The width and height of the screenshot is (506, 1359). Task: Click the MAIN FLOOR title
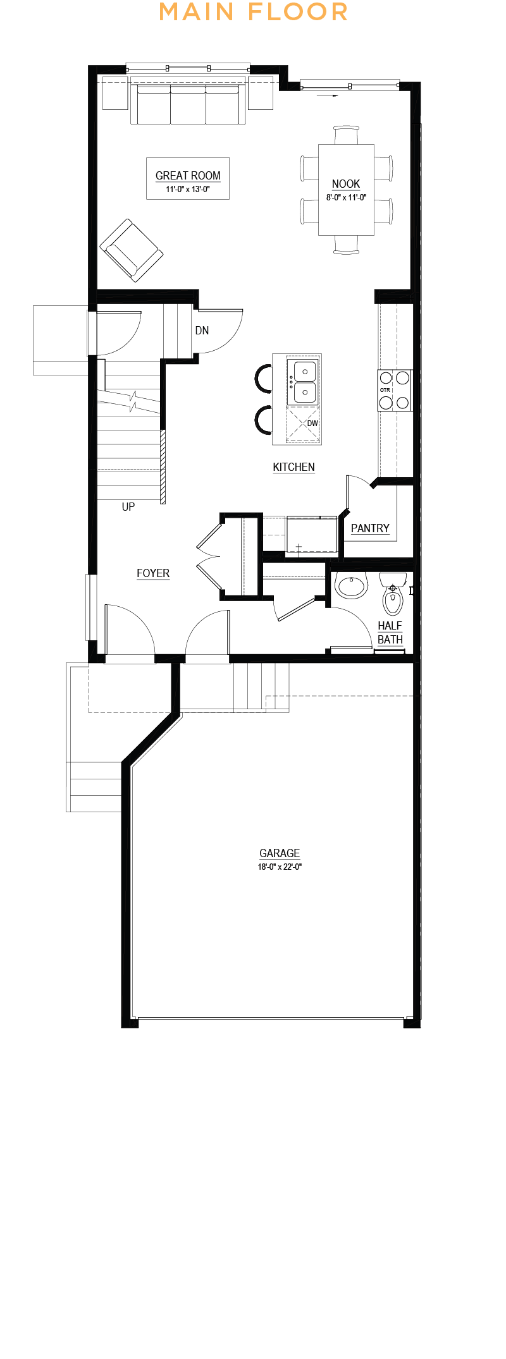[253, 11]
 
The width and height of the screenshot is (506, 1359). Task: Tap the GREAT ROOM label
[188, 176]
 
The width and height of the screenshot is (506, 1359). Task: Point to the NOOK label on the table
[346, 184]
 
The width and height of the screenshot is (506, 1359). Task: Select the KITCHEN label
[293, 467]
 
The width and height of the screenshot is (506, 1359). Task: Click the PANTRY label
[370, 528]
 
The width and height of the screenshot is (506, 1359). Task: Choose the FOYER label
[153, 573]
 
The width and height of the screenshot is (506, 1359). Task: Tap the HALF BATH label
[390, 633]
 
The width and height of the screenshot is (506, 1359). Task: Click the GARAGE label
[280, 853]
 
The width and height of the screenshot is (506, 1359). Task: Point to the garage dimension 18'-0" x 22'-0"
[280, 867]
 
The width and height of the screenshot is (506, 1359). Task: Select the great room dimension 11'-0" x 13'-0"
[188, 190]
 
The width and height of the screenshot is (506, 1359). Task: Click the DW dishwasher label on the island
[312, 424]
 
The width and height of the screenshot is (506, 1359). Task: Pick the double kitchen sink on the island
[304, 382]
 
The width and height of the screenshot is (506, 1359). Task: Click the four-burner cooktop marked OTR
[395, 390]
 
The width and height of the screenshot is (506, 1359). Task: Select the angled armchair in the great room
[132, 250]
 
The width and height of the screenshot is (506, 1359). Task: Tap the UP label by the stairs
[128, 507]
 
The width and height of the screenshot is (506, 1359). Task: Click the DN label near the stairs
[202, 331]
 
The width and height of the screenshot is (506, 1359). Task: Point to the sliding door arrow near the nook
[328, 96]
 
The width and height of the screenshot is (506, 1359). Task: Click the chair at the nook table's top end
[346, 135]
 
